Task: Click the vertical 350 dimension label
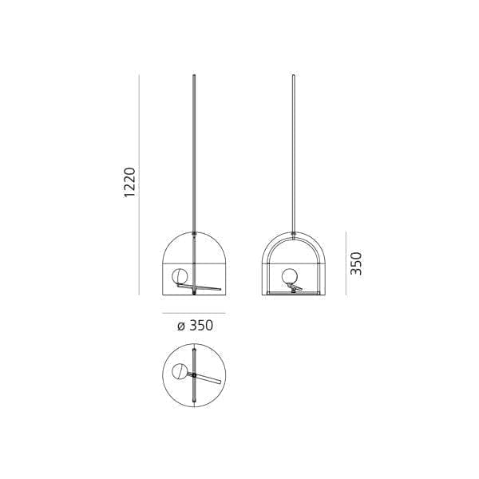[x=356, y=263]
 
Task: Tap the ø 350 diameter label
[x=195, y=325]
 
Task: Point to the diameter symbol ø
[x=180, y=326]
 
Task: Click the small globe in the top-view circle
[x=181, y=371]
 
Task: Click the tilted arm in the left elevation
[x=209, y=287]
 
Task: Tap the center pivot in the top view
[x=196, y=372]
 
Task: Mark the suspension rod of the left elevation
[x=195, y=152]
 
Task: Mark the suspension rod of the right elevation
[x=295, y=152]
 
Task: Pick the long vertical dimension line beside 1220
[x=140, y=184]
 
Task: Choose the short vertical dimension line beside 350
[x=344, y=263]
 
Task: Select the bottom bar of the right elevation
[x=295, y=293]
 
